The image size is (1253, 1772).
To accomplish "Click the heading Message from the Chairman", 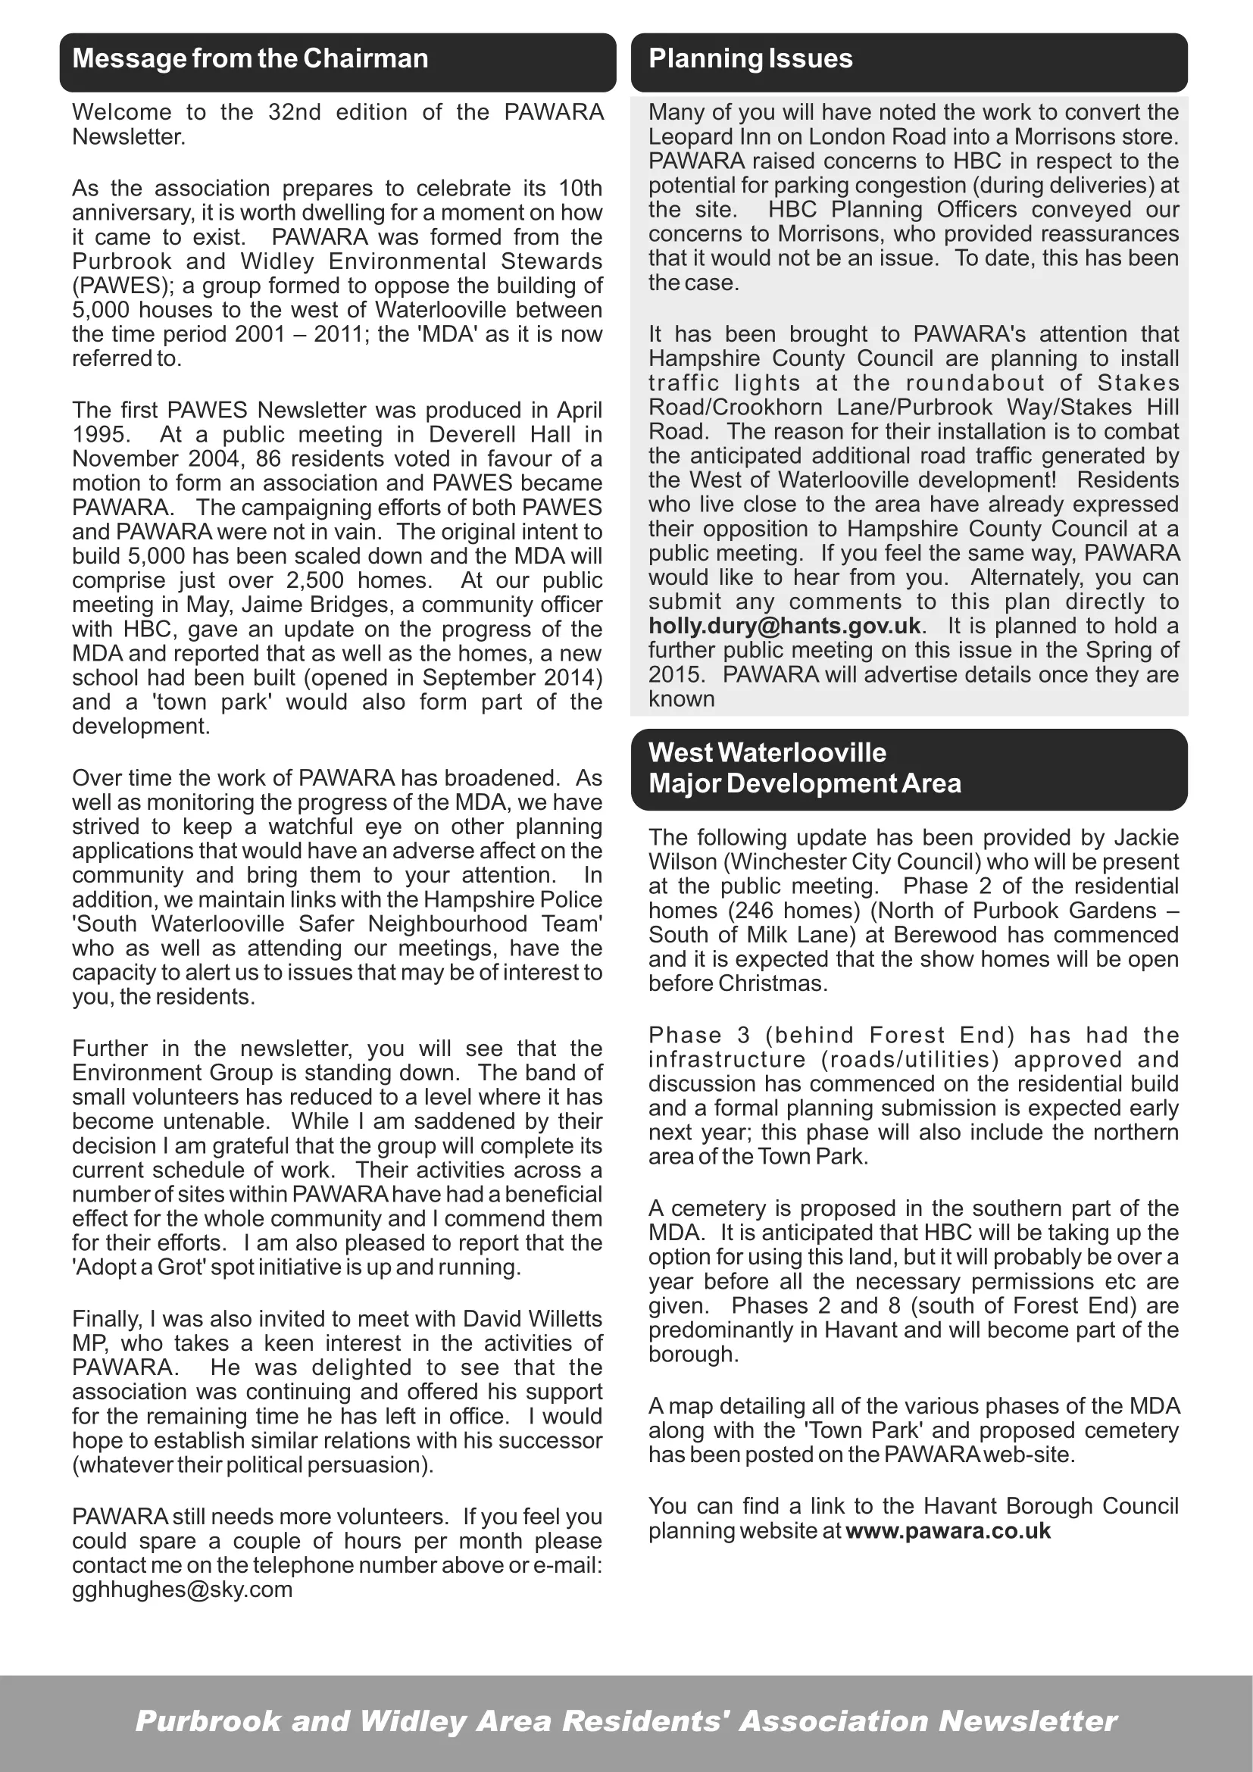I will coord(250,58).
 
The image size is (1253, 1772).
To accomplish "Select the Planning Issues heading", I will coord(750,58).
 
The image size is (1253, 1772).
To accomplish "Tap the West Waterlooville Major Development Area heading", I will coord(804,768).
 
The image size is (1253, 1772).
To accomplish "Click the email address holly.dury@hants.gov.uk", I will coord(785,626).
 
